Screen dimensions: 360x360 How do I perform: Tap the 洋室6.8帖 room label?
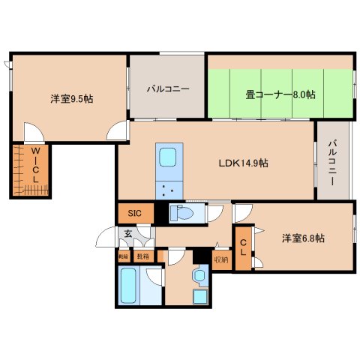click(x=303, y=238)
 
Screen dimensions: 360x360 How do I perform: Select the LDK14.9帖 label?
click(x=243, y=163)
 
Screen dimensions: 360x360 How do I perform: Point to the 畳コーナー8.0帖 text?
click(x=280, y=95)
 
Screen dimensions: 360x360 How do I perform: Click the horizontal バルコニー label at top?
click(x=167, y=89)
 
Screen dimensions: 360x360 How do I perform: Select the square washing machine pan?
click(x=200, y=295)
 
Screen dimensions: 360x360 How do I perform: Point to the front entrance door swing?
click(x=108, y=240)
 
